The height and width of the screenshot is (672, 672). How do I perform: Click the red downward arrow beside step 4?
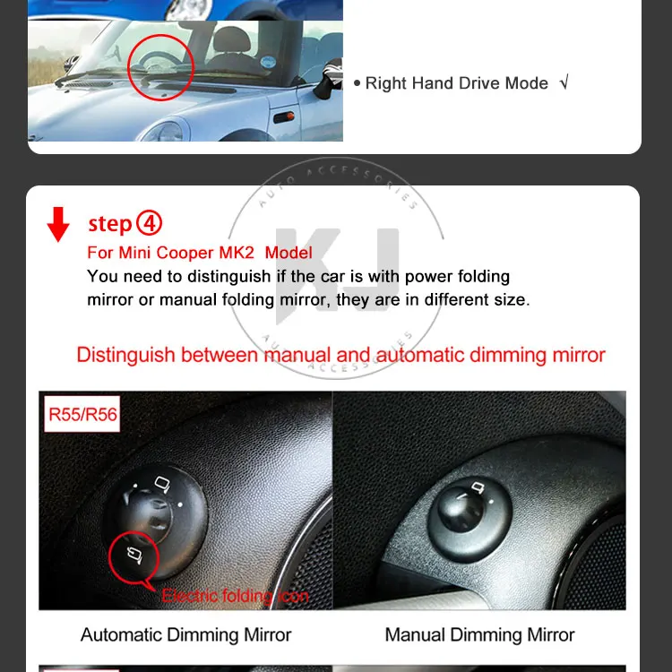(58, 224)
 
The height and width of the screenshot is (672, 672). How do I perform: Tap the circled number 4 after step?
(149, 223)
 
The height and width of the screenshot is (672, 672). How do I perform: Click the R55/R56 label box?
(82, 414)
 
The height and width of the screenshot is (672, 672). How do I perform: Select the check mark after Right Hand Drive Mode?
(564, 82)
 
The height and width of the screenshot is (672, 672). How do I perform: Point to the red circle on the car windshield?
(160, 35)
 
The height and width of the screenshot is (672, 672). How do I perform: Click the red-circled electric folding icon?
(134, 555)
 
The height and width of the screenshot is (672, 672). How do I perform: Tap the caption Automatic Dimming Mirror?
(186, 634)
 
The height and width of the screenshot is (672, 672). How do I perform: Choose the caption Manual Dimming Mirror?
(479, 634)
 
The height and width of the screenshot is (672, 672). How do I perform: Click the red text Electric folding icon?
(236, 596)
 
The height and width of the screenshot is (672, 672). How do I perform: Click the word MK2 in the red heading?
(237, 253)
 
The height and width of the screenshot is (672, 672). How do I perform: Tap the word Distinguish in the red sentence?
(126, 356)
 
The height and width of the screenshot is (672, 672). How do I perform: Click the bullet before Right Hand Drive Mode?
(357, 83)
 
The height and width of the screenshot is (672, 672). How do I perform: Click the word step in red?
(109, 224)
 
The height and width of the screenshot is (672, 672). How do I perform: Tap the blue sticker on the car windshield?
(268, 62)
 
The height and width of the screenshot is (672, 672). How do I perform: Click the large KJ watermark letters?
(337, 275)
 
